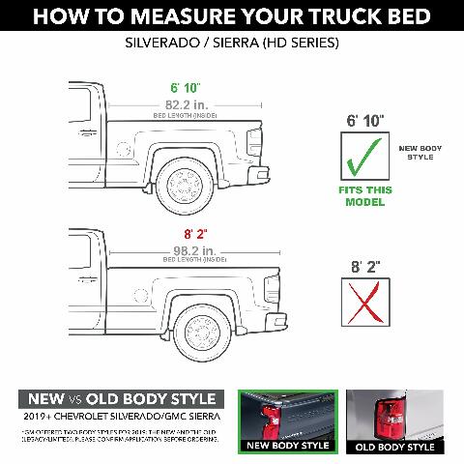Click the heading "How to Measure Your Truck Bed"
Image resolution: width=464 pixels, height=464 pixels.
pos(232,16)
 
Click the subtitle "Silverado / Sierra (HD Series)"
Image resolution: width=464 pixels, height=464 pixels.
pos(232,44)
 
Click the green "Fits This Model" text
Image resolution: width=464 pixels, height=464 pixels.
pos(364,196)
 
